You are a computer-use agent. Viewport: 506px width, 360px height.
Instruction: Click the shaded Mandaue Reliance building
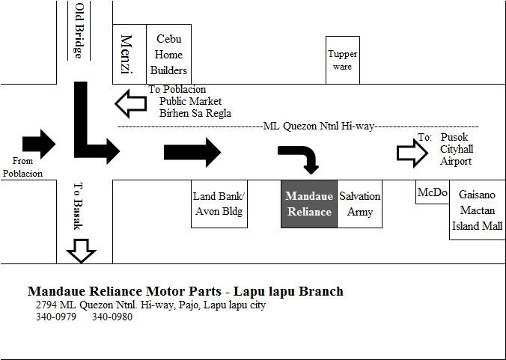click(x=309, y=204)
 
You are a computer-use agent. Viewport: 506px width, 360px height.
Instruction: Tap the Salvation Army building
click(x=360, y=204)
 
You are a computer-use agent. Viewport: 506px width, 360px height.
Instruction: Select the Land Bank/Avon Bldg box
click(x=219, y=204)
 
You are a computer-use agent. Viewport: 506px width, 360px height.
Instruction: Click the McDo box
click(x=433, y=192)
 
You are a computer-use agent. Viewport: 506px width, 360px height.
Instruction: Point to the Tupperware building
click(x=343, y=60)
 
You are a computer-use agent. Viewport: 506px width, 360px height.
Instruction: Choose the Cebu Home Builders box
click(x=168, y=54)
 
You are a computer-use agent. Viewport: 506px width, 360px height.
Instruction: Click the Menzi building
click(x=129, y=54)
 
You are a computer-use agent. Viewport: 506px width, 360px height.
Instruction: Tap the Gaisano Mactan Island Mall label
click(x=478, y=210)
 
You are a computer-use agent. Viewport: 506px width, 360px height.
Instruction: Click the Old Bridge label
click(x=79, y=31)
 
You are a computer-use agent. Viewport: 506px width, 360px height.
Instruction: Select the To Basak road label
click(x=78, y=206)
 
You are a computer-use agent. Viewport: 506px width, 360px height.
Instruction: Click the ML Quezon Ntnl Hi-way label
click(x=319, y=126)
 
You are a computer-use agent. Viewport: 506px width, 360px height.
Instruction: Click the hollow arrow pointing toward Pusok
click(x=412, y=153)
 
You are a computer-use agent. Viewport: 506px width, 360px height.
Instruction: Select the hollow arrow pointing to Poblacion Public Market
click(x=131, y=103)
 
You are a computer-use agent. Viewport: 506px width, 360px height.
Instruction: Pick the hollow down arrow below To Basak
click(x=82, y=251)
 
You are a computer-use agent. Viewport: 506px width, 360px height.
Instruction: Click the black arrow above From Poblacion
click(x=39, y=144)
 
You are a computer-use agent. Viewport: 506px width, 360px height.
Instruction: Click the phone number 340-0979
click(x=56, y=317)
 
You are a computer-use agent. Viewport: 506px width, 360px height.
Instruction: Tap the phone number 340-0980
click(x=112, y=317)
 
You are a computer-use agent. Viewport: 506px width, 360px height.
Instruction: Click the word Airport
click(x=456, y=161)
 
